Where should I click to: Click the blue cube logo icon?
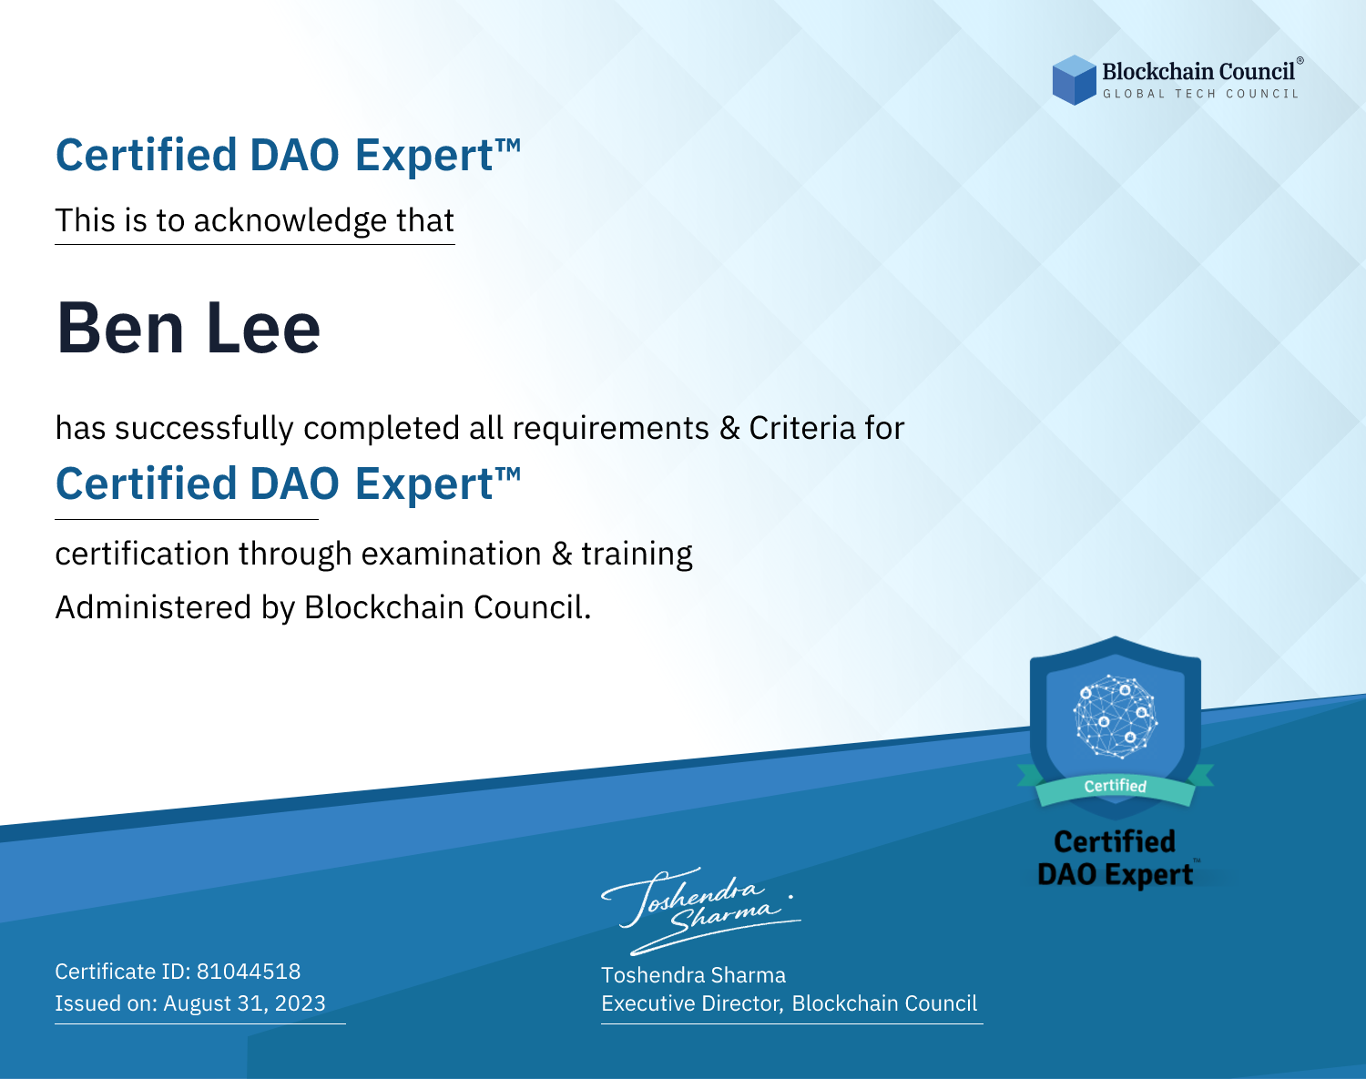click(x=1074, y=80)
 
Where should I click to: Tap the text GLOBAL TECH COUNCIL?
click(x=1201, y=94)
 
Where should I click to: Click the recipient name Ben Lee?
click(x=188, y=328)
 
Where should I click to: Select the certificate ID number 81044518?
click(x=249, y=971)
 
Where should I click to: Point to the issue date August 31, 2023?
click(x=244, y=1003)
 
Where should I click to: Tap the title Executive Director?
click(x=691, y=1003)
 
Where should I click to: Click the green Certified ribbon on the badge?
click(x=1116, y=786)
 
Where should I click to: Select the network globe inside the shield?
click(x=1116, y=717)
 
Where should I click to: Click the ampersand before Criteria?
click(x=729, y=428)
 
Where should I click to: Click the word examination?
click(x=452, y=554)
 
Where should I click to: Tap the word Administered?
click(x=153, y=607)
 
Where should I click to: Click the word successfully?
click(x=204, y=429)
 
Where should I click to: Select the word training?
click(x=637, y=555)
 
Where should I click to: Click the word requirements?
click(x=611, y=429)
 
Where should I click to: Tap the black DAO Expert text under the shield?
click(x=1116, y=875)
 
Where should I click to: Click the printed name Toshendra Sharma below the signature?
click(x=693, y=975)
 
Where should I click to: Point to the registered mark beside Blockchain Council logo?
click(x=1300, y=61)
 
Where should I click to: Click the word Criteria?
click(x=801, y=428)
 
